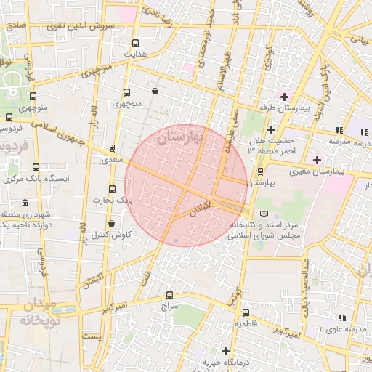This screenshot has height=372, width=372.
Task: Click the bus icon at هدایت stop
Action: (x=136, y=43)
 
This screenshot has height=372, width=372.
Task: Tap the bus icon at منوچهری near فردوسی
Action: (x=33, y=96)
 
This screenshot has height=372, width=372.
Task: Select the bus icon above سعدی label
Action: (x=111, y=147)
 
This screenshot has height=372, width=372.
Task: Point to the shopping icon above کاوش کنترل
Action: (x=111, y=224)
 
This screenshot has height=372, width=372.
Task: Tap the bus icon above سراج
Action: (x=169, y=296)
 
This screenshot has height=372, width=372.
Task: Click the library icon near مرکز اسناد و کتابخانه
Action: (x=264, y=214)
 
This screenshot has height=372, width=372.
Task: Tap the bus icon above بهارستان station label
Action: (x=261, y=171)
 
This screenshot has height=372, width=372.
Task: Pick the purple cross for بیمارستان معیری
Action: (x=316, y=159)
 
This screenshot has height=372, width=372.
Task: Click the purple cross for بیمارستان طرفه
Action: (x=283, y=97)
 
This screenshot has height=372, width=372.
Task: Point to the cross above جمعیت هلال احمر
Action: (x=271, y=129)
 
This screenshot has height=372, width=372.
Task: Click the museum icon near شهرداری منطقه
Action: (x=26, y=203)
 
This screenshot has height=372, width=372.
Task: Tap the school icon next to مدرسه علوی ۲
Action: (x=341, y=317)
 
